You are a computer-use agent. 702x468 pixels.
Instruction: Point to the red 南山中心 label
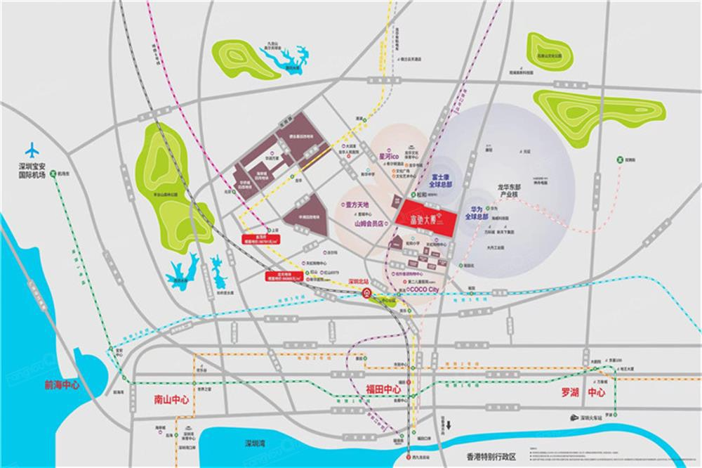(171, 400)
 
